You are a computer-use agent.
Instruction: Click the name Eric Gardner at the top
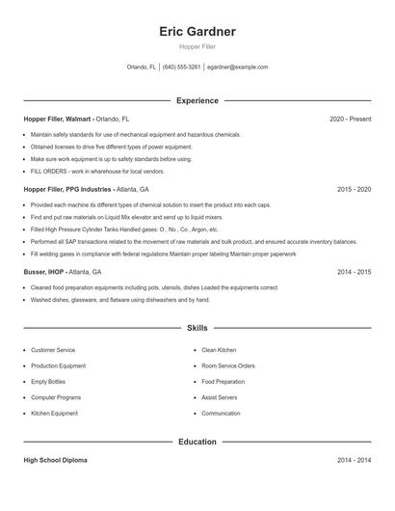(x=197, y=31)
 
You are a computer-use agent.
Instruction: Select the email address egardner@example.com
(x=237, y=67)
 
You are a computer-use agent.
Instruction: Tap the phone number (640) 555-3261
(x=181, y=67)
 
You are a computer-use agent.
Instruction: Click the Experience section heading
(x=197, y=100)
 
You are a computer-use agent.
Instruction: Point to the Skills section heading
(x=197, y=329)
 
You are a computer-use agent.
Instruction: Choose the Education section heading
(x=197, y=442)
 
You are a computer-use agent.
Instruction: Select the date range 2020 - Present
(x=350, y=119)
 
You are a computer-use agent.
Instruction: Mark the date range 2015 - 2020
(x=354, y=190)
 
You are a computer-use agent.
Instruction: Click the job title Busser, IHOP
(x=49, y=273)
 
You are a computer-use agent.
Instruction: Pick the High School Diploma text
(x=55, y=461)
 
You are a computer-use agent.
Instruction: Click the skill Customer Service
(x=53, y=350)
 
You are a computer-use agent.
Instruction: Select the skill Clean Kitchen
(x=219, y=350)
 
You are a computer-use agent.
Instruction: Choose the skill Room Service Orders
(x=228, y=366)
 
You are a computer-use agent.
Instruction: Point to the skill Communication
(x=221, y=414)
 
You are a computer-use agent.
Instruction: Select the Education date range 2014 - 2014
(x=354, y=461)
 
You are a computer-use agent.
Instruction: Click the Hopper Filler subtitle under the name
(x=197, y=46)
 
